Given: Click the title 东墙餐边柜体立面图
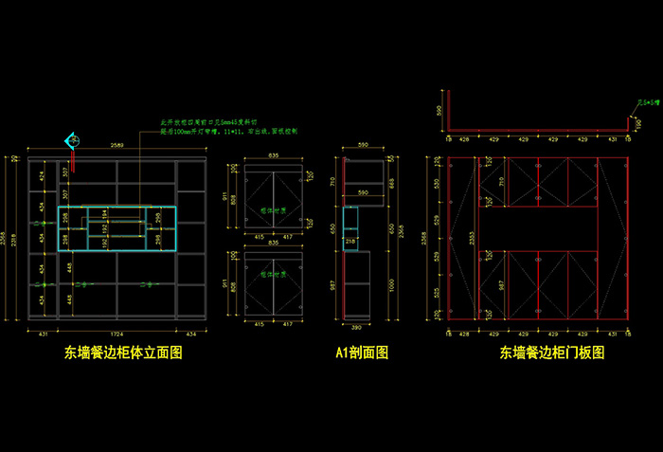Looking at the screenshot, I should click(123, 353).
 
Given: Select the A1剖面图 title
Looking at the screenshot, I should click(362, 353).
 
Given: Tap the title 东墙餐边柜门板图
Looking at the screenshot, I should click(552, 353).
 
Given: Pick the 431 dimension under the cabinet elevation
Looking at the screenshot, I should click(43, 334).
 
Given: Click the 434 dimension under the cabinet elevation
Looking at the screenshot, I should click(191, 334).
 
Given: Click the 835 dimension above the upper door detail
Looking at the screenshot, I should click(273, 154).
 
